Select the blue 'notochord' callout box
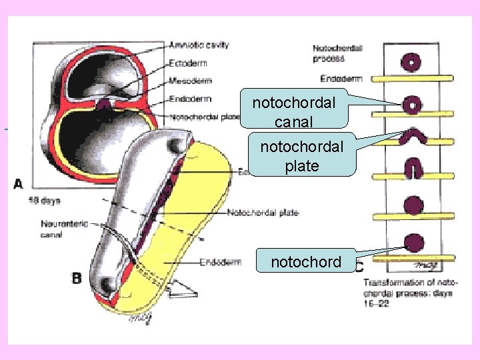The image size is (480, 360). tap(306, 262)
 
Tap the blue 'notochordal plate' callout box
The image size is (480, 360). tap(302, 156)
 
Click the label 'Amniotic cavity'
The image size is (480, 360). tap(199, 45)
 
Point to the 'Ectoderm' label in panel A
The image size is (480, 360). tap(188, 63)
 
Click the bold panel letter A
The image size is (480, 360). tap(18, 183)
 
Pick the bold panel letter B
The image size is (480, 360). tap(77, 277)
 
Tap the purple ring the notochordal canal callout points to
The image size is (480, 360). tap(413, 105)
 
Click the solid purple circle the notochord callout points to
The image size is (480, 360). tap(413, 243)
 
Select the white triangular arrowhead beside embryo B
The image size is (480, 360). tap(183, 287)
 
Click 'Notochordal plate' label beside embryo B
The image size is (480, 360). tap(263, 213)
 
